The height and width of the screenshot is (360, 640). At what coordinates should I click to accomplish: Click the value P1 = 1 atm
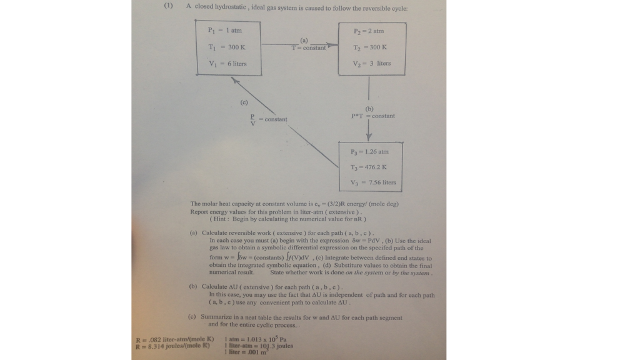[225, 30]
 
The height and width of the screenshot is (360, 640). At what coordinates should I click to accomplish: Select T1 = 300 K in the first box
[226, 47]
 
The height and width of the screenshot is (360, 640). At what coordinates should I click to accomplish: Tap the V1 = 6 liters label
[227, 64]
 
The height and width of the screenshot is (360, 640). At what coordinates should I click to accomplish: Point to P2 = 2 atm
[369, 31]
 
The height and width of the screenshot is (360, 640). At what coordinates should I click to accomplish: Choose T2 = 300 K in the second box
[370, 47]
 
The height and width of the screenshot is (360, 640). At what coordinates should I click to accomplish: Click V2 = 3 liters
[371, 63]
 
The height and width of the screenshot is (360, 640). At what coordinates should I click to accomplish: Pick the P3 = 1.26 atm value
[369, 151]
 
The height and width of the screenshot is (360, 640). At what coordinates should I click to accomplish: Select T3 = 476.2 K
[369, 167]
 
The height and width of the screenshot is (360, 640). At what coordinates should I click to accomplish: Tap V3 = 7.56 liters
[373, 182]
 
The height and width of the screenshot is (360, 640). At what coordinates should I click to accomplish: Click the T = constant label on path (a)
[309, 48]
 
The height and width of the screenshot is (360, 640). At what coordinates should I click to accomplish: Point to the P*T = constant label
[373, 116]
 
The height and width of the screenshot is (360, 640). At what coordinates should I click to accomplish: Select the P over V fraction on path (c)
[252, 119]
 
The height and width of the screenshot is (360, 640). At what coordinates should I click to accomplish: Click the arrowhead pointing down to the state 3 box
[369, 137]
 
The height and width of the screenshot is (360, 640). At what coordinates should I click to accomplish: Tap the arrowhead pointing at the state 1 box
[235, 80]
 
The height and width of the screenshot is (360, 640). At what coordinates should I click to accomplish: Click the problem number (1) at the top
[168, 6]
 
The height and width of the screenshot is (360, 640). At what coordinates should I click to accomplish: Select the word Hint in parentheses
[222, 219]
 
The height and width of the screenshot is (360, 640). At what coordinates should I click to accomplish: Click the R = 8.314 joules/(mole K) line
[172, 346]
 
